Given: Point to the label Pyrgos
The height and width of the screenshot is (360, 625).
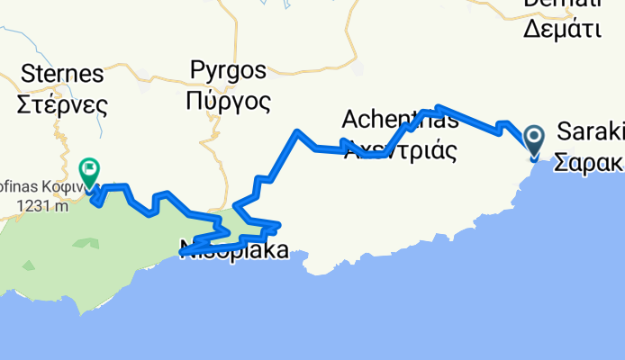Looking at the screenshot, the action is [x=229, y=70].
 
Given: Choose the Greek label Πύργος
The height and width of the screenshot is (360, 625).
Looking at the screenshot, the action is [x=228, y=101].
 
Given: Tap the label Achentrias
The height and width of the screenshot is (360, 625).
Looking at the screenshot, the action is [x=400, y=118].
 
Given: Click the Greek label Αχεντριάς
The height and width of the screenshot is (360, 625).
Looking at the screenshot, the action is [x=400, y=148].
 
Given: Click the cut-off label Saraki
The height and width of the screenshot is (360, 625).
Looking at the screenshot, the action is [x=591, y=132].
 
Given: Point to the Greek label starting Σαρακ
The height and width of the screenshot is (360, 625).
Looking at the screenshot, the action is [x=589, y=164].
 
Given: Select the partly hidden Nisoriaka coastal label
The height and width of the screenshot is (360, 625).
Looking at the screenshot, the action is [x=236, y=251].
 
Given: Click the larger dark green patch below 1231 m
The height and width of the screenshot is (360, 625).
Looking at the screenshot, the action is [x=86, y=242].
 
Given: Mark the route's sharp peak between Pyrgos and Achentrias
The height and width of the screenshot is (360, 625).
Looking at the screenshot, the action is [x=297, y=133].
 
